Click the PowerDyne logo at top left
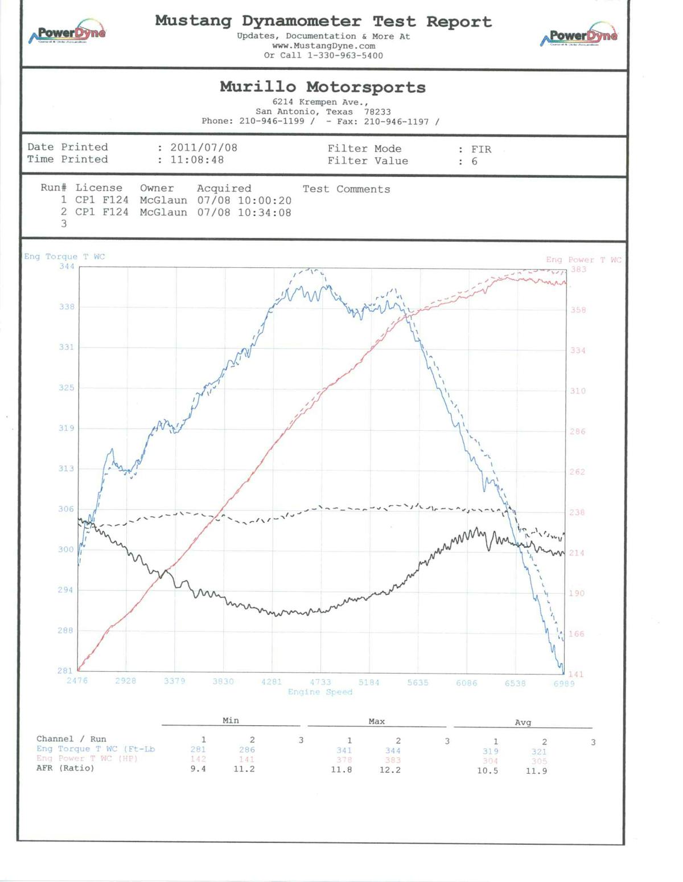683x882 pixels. click(68, 33)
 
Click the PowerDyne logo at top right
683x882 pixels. click(579, 35)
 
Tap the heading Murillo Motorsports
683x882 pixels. click(323, 87)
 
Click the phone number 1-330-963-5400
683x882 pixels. click(345, 56)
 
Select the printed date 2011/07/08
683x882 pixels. click(204, 148)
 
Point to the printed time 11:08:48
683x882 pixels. click(197, 160)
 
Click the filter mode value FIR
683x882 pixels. click(481, 149)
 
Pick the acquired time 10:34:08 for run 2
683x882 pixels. click(265, 213)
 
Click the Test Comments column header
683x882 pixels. click(346, 189)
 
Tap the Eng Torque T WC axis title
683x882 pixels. click(64, 257)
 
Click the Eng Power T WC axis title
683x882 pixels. click(583, 260)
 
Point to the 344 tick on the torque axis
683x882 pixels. click(67, 266)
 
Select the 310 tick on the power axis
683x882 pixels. click(578, 391)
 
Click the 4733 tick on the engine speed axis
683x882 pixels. click(320, 682)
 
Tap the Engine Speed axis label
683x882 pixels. click(320, 692)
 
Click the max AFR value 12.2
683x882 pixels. click(390, 770)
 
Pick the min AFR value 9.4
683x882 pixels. click(198, 769)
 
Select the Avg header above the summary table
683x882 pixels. click(522, 722)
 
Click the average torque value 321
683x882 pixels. click(538, 752)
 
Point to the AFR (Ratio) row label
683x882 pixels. click(65, 769)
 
